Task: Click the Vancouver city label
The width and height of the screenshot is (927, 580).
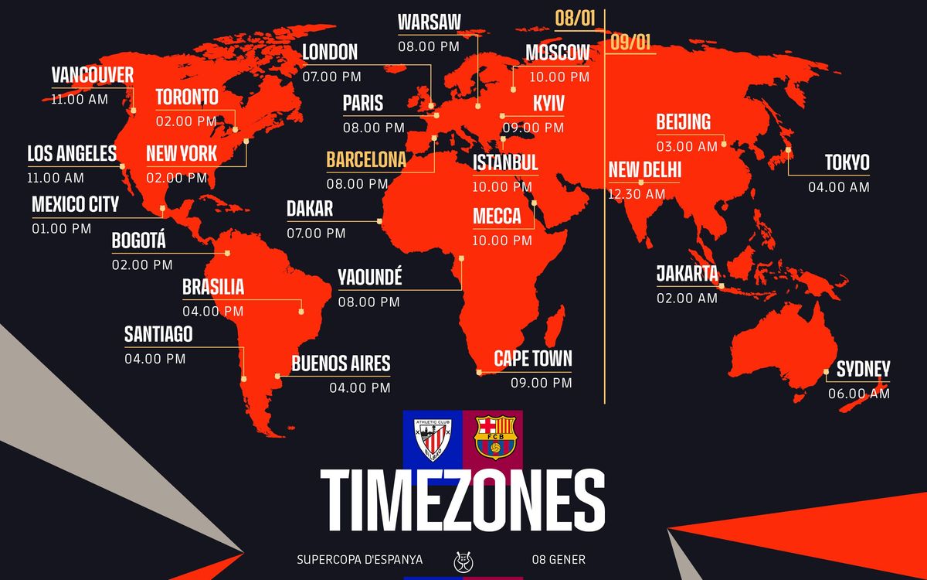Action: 93,75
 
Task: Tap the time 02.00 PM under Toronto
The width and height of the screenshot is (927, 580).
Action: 186,121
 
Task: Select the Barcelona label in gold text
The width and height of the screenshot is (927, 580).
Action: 366,160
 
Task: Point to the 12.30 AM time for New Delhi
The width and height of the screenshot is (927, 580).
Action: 637,195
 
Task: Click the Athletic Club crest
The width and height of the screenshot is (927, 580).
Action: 433,438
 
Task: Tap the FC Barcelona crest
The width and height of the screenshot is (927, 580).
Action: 494,438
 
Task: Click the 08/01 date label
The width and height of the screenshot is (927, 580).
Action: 574,18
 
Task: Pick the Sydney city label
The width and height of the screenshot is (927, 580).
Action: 863,369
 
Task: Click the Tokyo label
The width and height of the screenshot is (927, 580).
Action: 847,162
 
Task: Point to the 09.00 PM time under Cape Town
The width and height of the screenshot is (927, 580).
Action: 541,383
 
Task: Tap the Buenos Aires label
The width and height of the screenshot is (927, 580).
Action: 341,363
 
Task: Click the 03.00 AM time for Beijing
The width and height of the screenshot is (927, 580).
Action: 687,146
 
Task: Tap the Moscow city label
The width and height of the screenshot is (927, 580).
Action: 557,53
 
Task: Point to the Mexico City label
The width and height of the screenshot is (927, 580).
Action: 76,204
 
